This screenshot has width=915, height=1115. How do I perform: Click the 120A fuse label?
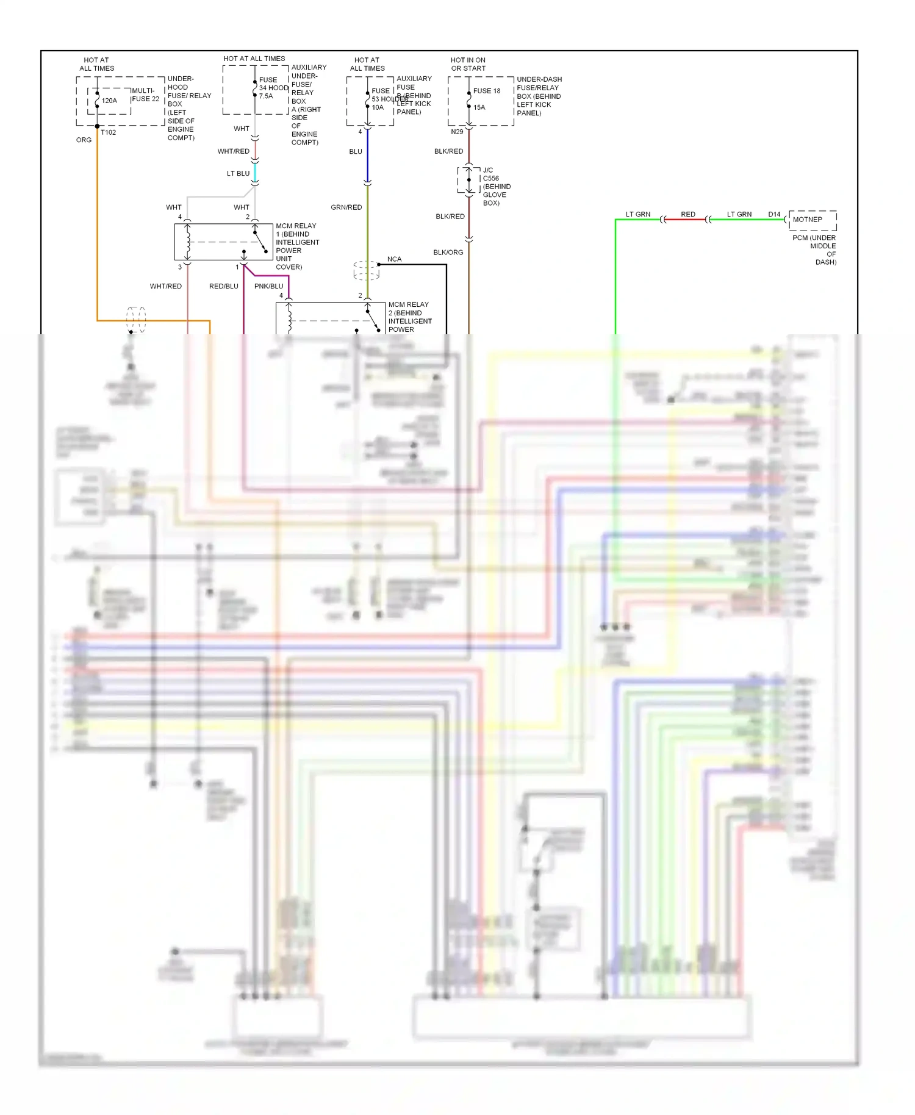click(109, 101)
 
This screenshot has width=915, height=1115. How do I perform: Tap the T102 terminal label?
click(108, 132)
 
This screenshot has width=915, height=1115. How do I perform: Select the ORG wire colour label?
click(84, 140)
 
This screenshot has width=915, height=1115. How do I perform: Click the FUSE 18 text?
click(486, 91)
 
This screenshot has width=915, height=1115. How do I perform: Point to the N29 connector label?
click(457, 132)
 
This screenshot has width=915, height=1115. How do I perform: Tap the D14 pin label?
click(774, 214)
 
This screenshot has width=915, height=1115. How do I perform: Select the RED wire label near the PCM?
click(688, 214)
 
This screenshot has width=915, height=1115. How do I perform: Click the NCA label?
click(394, 259)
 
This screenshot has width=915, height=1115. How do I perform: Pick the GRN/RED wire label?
click(346, 207)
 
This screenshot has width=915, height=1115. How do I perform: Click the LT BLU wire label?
click(238, 174)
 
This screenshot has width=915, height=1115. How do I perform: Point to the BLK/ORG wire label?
click(448, 253)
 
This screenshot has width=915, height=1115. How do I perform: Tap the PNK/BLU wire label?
click(268, 286)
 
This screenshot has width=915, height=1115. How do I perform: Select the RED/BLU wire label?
click(223, 286)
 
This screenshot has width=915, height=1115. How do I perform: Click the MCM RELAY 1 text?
click(296, 226)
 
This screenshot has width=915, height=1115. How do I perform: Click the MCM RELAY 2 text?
click(408, 304)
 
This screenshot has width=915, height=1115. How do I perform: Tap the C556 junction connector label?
click(490, 179)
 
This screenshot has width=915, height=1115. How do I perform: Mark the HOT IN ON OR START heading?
click(468, 64)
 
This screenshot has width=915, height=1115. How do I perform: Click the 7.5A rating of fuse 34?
click(265, 96)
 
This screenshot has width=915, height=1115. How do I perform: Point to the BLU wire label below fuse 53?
click(356, 151)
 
